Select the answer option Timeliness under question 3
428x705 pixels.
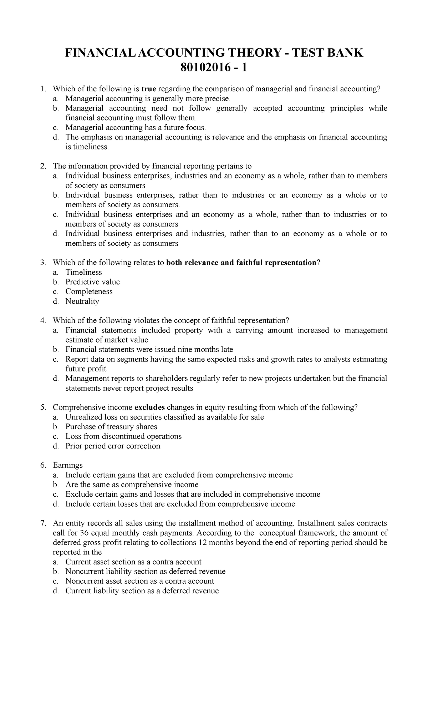pyautogui.click(x=83, y=272)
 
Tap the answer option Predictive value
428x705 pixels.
pyautogui.click(x=92, y=282)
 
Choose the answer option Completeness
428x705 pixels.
pyautogui.click(x=89, y=291)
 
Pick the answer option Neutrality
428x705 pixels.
pyautogui.click(x=82, y=301)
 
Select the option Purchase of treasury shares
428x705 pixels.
pyautogui.click(x=111, y=427)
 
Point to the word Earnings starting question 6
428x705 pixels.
pyautogui.click(x=67, y=465)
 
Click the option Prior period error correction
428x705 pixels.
pyautogui.click(x=113, y=446)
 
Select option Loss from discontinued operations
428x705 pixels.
pyautogui.click(x=123, y=436)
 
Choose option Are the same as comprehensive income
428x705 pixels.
pyautogui.click(x=132, y=485)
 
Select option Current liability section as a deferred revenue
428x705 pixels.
pyautogui.click(x=142, y=591)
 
